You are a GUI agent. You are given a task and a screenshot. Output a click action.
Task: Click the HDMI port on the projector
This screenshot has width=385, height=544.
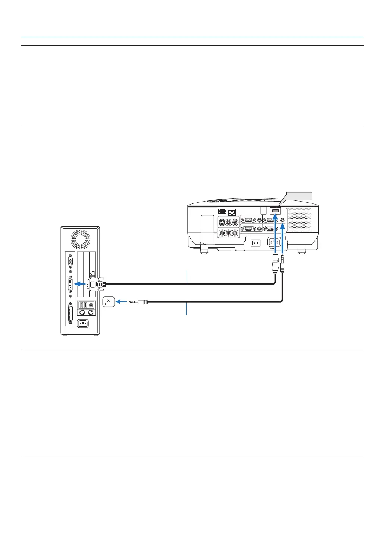(275, 212)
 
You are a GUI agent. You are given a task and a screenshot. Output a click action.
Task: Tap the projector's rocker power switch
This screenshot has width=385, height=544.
(255, 243)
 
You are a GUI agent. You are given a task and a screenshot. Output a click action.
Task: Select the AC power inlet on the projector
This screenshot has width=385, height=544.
(274, 242)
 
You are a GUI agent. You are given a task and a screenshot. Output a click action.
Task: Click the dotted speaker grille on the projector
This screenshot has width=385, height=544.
(299, 220)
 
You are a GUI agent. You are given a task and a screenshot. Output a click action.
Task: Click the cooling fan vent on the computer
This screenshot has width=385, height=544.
(80, 239)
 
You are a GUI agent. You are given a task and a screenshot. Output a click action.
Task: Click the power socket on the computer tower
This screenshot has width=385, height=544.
(82, 323)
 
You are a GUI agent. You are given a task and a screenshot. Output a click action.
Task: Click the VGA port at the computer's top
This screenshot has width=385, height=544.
(70, 263)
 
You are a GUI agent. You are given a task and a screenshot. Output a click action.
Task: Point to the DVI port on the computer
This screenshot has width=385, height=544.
(70, 284)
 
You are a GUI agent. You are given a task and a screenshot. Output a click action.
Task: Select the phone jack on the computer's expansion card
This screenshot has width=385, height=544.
(93, 273)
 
